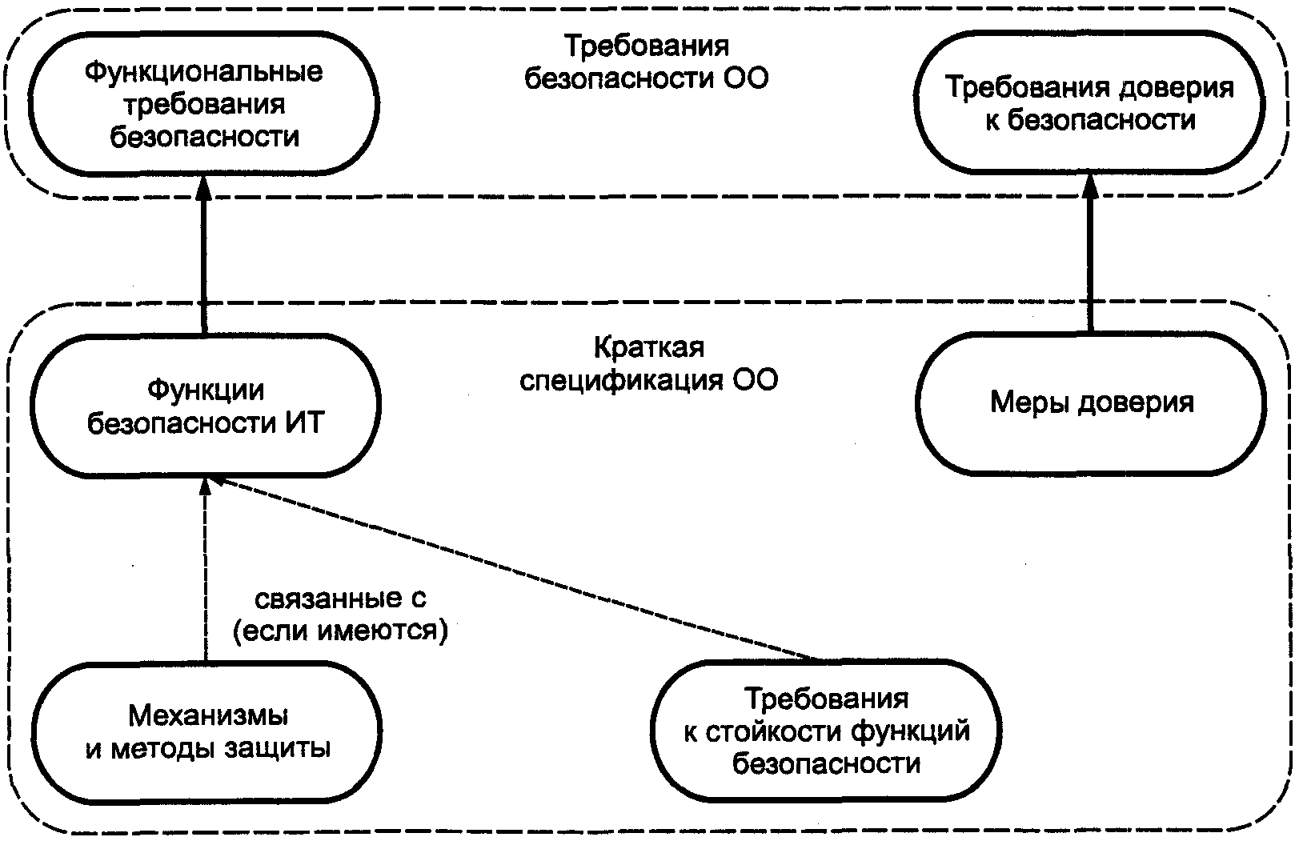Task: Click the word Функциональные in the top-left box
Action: pyautogui.click(x=203, y=73)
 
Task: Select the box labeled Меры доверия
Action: pyautogui.click(x=1091, y=404)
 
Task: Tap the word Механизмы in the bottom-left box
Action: pyautogui.click(x=207, y=716)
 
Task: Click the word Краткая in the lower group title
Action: pyautogui.click(x=649, y=348)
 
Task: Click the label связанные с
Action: pyautogui.click(x=340, y=599)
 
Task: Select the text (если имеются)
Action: pyautogui.click(x=340, y=631)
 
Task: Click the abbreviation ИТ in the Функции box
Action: pyautogui.click(x=304, y=423)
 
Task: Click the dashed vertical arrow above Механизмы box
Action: pyautogui.click(x=205, y=569)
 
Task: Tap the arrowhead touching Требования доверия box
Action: pyautogui.click(x=1090, y=186)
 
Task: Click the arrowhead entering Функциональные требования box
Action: pyautogui.click(x=203, y=186)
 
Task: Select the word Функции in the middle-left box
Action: pyautogui.click(x=206, y=391)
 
